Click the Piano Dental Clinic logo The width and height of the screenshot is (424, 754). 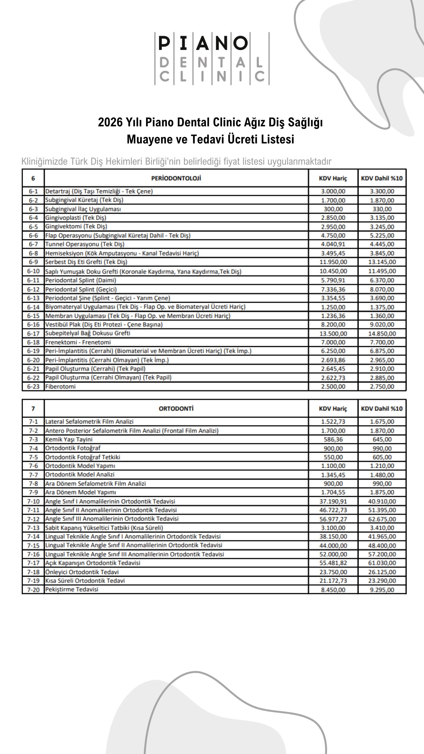coord(212,59)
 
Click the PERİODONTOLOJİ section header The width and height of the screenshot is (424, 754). coord(176,178)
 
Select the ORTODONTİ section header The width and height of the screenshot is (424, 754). coord(176,409)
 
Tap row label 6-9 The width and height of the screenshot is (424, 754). coord(33,262)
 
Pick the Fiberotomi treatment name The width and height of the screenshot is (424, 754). coord(60,386)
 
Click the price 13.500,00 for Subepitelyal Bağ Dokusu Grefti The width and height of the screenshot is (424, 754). coord(333,333)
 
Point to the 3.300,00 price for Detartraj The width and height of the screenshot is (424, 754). coord(382,191)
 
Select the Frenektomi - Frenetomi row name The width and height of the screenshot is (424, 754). coord(78,342)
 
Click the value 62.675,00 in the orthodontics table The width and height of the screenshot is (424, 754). coord(382,519)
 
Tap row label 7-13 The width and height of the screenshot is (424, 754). coord(33,528)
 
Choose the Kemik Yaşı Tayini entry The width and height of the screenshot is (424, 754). coord(69,439)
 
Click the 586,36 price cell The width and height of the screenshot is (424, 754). coord(333,439)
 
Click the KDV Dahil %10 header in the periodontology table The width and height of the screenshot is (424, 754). coord(382,178)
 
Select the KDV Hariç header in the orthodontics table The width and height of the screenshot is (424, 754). coord(333,409)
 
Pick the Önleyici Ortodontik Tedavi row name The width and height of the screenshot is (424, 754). coord(82,572)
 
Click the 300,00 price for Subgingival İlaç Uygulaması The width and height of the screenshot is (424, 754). coord(333,209)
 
